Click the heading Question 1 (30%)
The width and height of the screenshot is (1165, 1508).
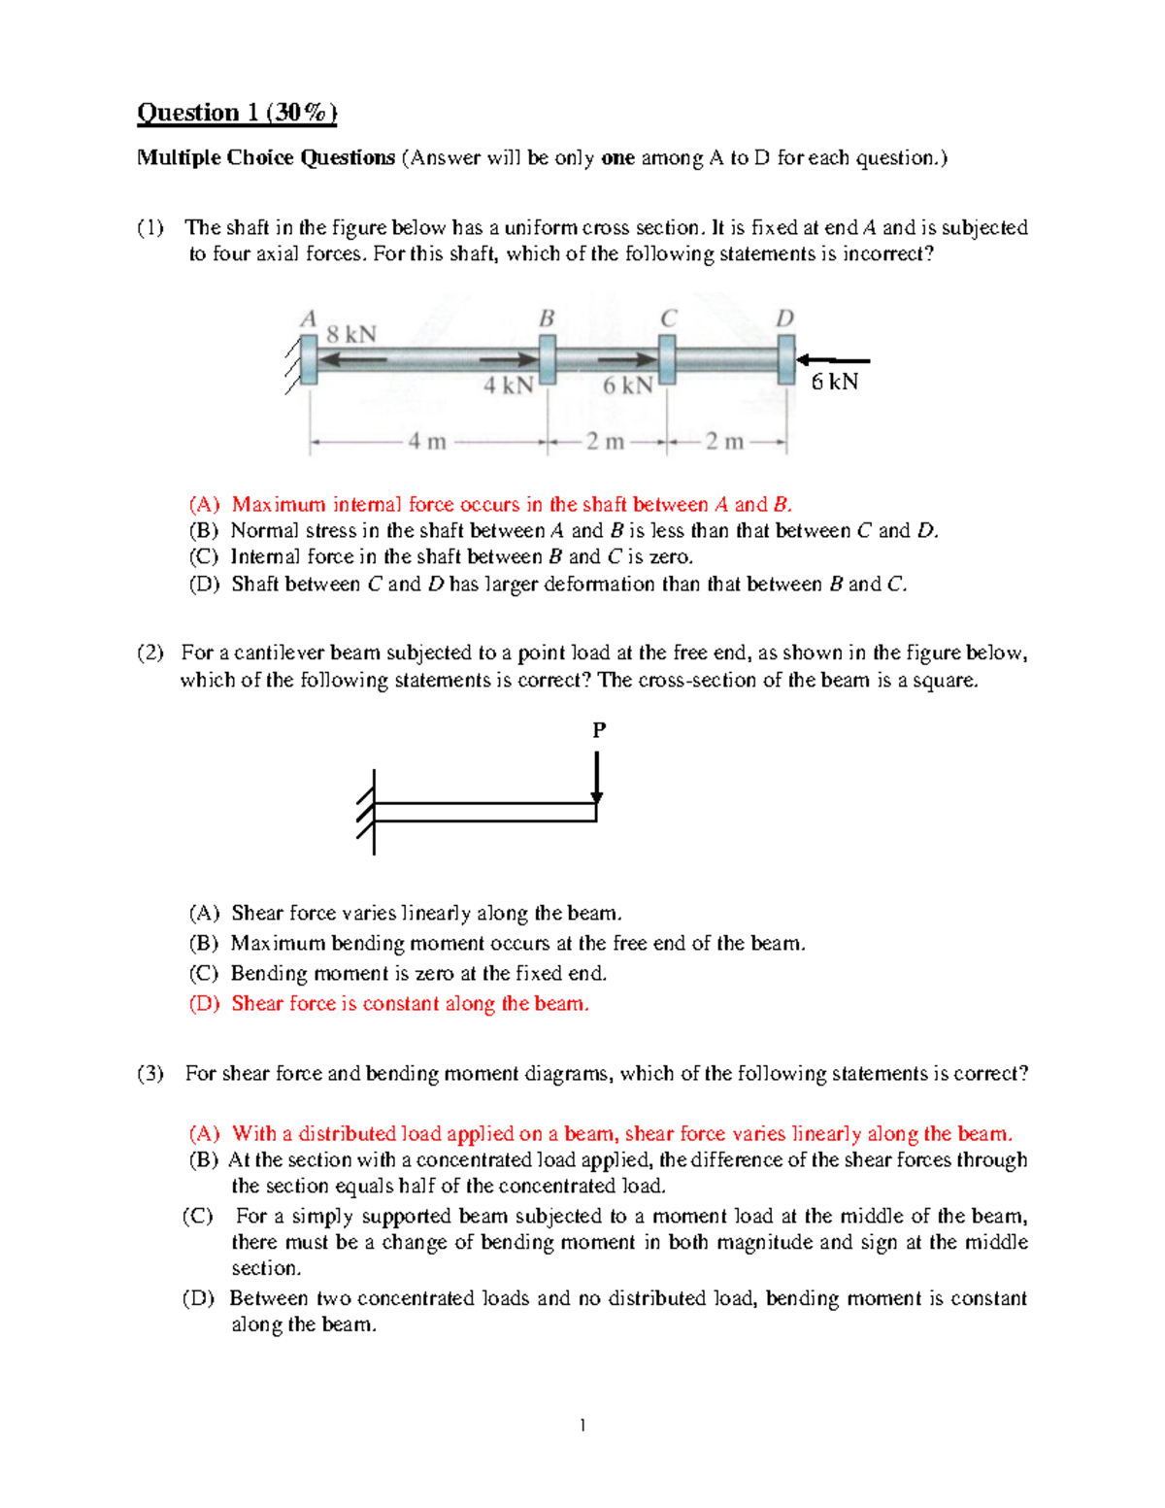click(237, 114)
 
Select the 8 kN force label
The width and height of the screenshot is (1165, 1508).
click(350, 335)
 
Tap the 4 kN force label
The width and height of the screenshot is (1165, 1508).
click(509, 385)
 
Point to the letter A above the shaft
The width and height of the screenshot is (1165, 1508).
click(309, 318)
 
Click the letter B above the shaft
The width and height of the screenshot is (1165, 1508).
click(547, 318)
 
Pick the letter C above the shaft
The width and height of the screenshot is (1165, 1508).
click(668, 318)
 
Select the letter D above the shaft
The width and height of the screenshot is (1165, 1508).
click(784, 318)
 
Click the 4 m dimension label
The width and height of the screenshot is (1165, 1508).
click(426, 442)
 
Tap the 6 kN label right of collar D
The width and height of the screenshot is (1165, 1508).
click(835, 382)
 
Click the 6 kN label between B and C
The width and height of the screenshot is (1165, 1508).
click(627, 385)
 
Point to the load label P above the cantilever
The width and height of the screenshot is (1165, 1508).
click(599, 729)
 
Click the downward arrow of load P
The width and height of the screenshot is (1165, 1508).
click(597, 777)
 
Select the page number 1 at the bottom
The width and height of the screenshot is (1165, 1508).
click(582, 1425)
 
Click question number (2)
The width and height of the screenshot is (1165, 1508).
click(150, 653)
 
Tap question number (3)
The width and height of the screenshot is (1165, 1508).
click(150, 1074)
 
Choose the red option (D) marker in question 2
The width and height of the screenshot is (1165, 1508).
click(205, 1004)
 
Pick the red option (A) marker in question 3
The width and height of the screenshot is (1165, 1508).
click(205, 1134)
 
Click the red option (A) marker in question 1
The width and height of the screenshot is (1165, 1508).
click(205, 505)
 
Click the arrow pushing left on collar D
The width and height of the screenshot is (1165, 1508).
click(832, 360)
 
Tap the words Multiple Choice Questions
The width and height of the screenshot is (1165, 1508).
click(266, 158)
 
